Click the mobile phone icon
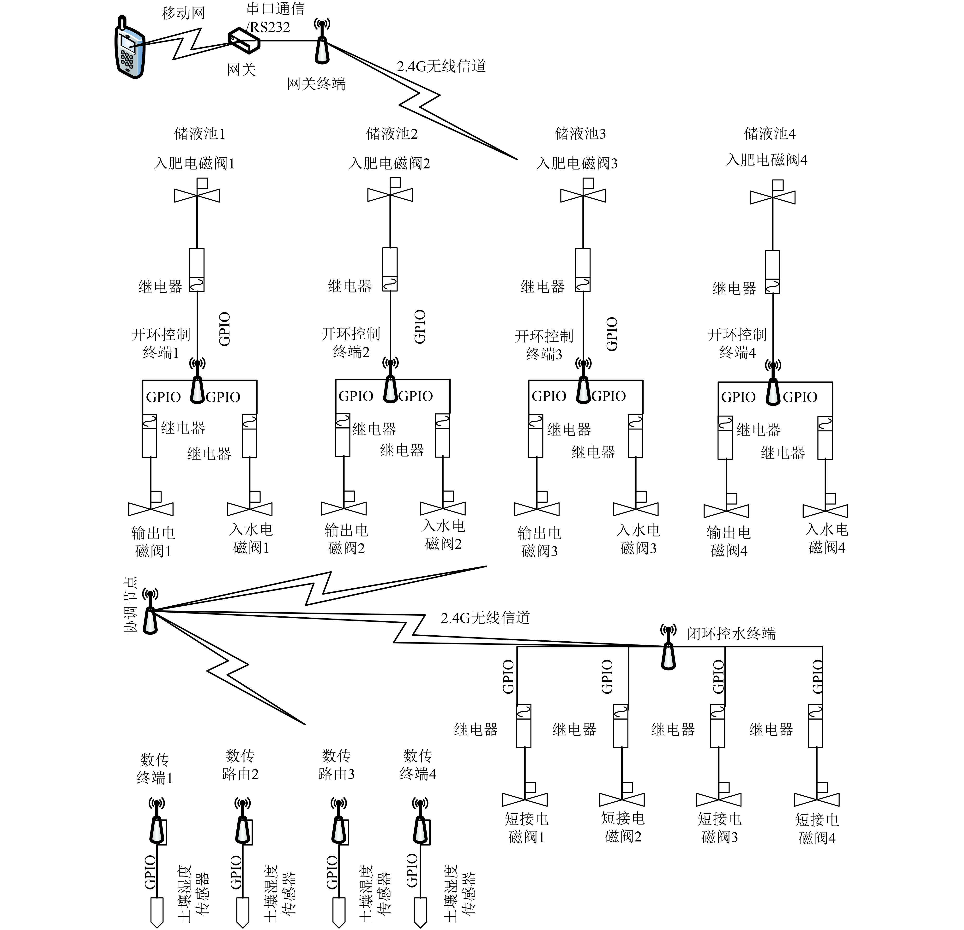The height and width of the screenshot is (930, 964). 130,48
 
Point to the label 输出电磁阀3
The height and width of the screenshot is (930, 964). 539,542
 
